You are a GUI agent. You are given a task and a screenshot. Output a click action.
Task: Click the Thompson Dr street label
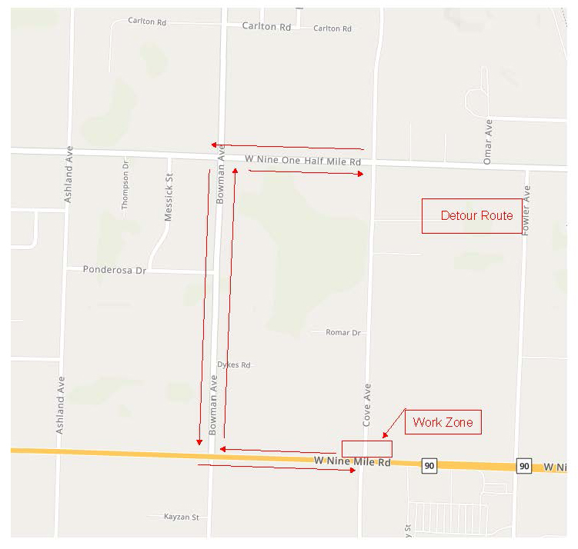click(x=125, y=185)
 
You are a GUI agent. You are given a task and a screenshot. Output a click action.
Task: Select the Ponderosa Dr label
click(x=114, y=270)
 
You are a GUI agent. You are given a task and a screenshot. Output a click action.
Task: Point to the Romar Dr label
click(x=343, y=332)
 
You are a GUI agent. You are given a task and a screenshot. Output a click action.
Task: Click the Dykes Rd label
click(x=234, y=364)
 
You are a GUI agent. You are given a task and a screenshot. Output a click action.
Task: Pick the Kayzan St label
click(x=182, y=517)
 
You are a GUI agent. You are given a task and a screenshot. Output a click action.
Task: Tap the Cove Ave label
click(x=367, y=405)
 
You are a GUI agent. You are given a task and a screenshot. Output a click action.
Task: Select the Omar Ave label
click(x=488, y=141)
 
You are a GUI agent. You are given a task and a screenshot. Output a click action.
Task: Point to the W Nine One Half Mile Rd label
click(x=303, y=161)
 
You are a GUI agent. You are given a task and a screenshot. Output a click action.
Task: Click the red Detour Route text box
click(x=472, y=216)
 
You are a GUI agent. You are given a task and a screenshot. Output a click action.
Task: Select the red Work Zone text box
click(x=443, y=422)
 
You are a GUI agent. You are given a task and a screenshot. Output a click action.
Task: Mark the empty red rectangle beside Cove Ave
click(x=366, y=449)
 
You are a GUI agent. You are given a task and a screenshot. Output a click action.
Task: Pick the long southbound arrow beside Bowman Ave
click(x=204, y=308)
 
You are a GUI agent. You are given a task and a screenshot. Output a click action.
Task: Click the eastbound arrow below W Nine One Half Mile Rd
click(x=306, y=173)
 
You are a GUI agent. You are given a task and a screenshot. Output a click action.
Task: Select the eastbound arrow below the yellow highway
click(x=276, y=467)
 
